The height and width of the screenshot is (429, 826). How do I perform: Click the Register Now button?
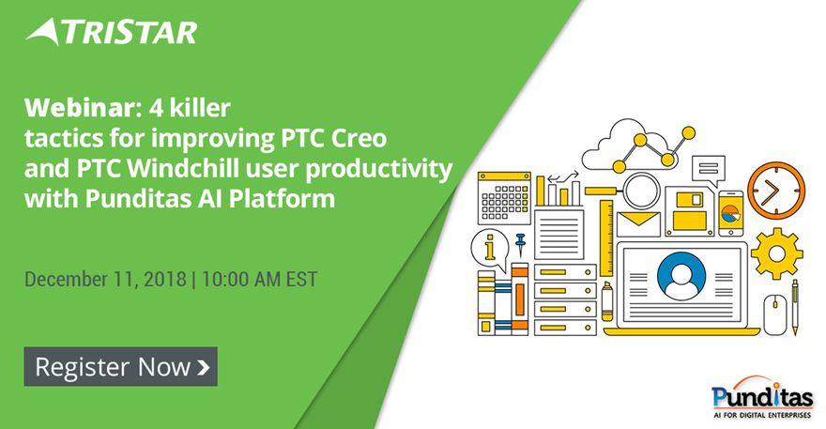(x=121, y=366)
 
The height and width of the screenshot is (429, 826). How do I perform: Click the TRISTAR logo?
(x=112, y=32)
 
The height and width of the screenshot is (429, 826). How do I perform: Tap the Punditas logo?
(x=761, y=397)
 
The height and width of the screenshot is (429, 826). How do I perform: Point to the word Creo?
(x=359, y=138)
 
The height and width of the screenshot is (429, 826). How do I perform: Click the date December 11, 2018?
(x=105, y=279)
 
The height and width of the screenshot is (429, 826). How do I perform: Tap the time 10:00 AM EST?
(x=259, y=279)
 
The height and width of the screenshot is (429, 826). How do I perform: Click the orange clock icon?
(x=776, y=191)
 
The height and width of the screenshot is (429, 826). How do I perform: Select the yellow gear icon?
(x=776, y=253)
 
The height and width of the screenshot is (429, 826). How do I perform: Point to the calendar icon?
(x=504, y=198)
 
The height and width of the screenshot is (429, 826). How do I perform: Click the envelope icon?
(x=638, y=224)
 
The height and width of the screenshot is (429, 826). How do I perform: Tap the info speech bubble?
(x=489, y=249)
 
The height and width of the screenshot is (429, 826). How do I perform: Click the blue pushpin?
(x=521, y=245)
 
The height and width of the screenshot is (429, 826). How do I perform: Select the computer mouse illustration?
(x=775, y=314)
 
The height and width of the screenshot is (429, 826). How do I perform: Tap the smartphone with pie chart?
(x=730, y=213)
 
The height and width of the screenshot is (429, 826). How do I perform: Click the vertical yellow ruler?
(x=606, y=238)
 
